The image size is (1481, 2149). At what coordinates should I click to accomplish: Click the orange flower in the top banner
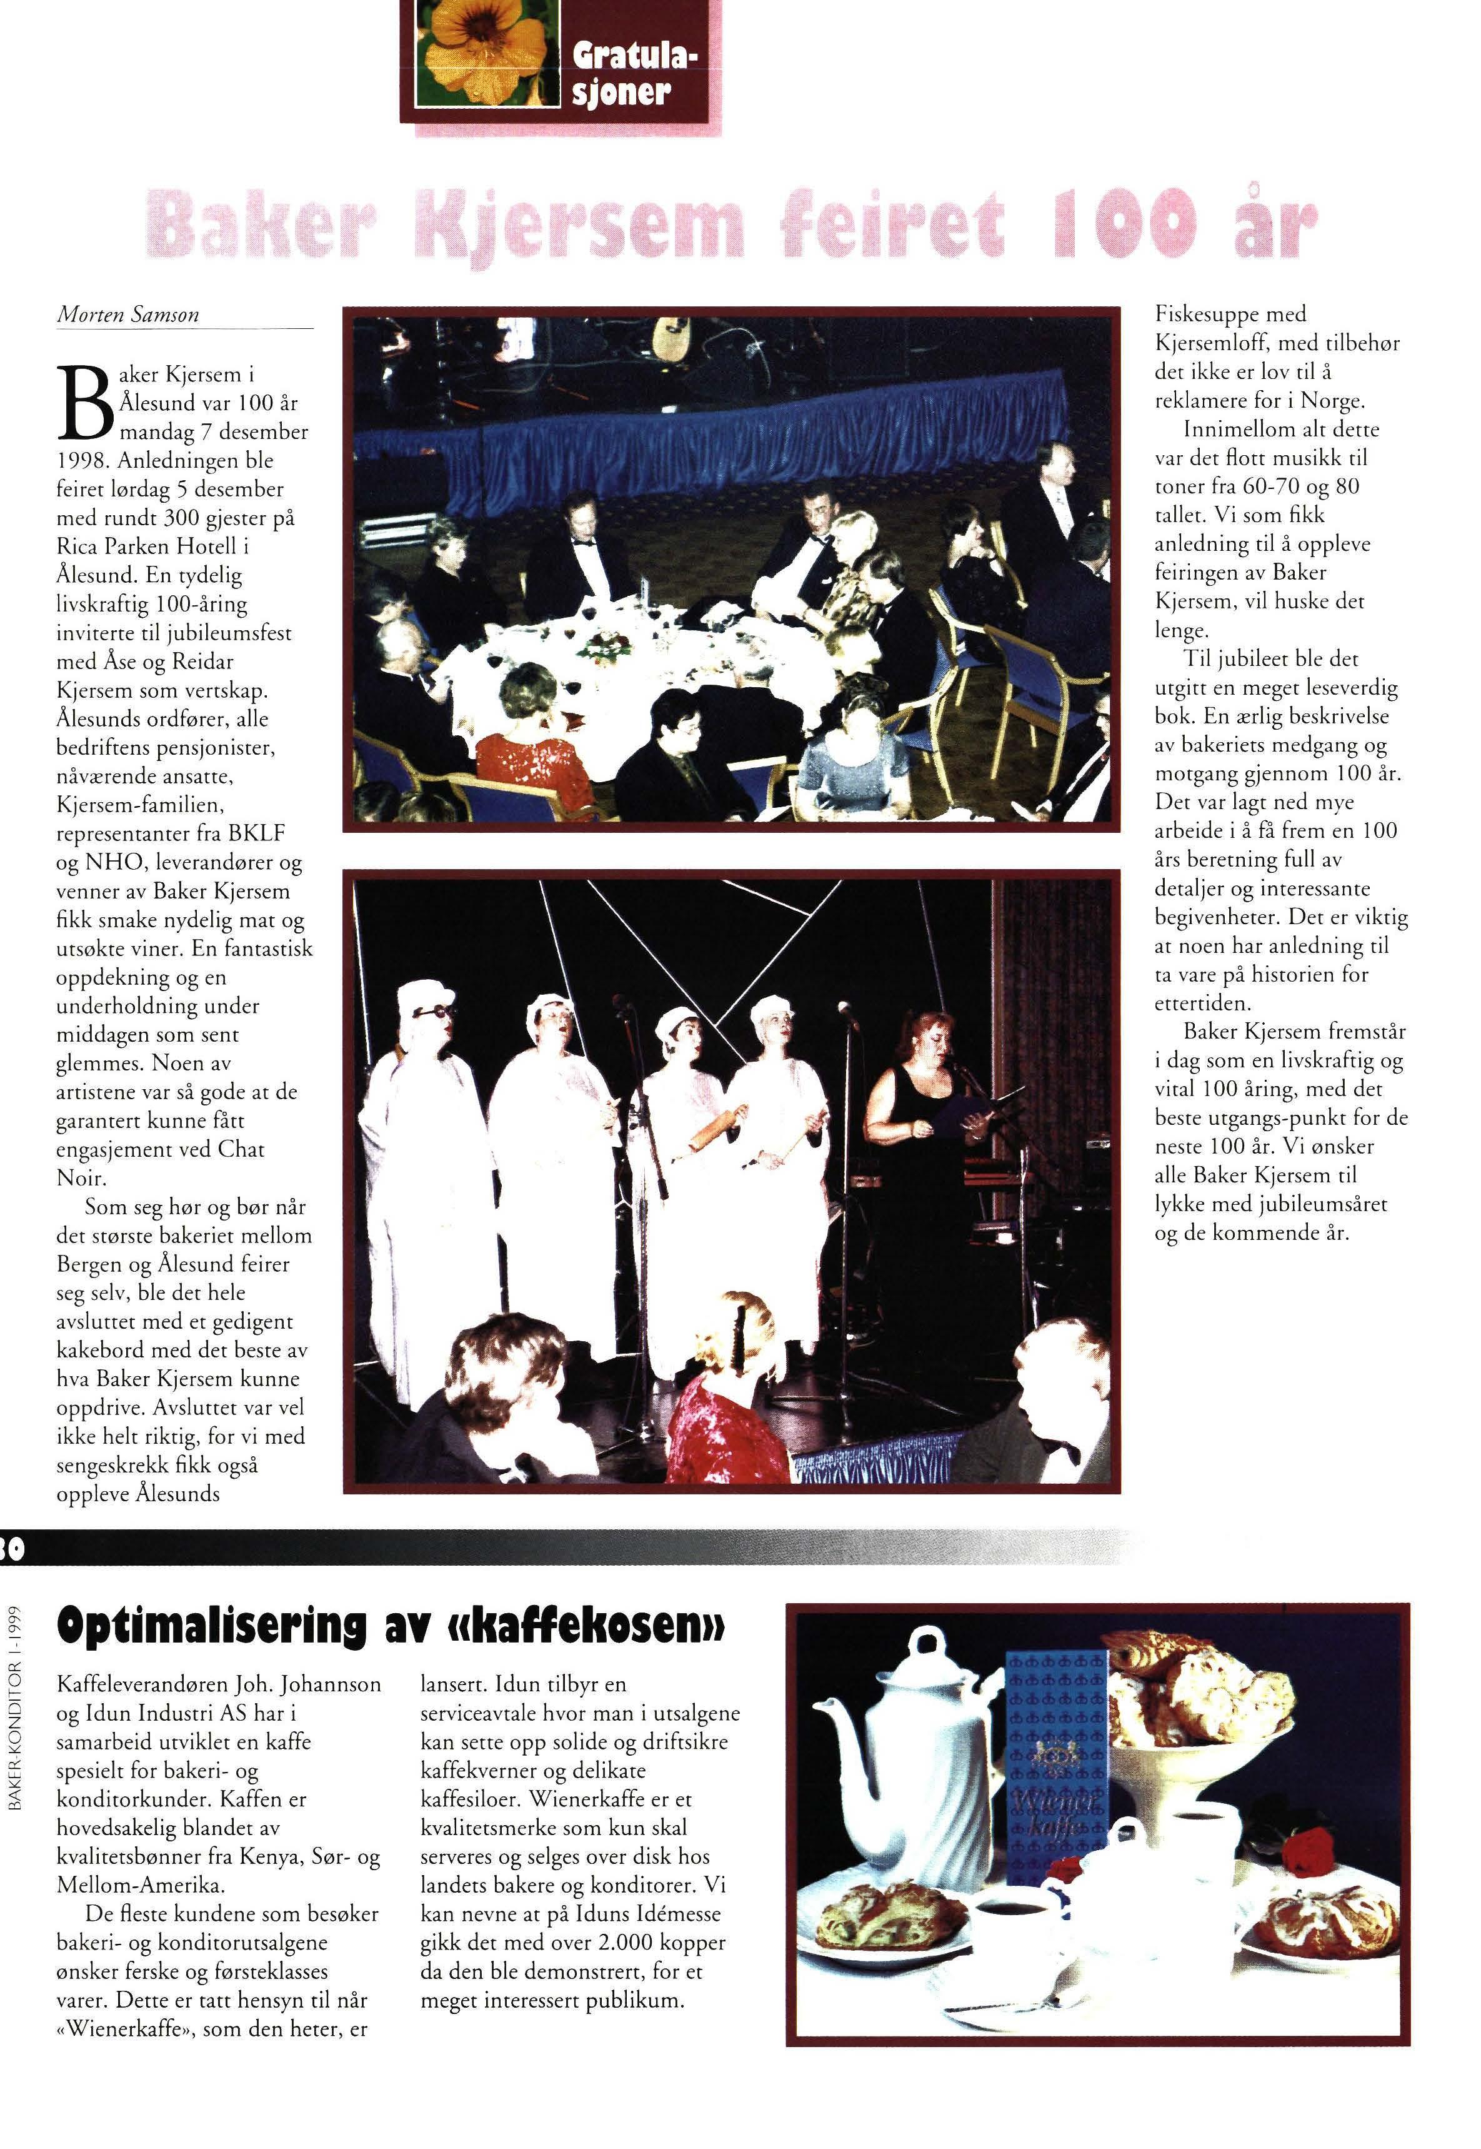[482, 56]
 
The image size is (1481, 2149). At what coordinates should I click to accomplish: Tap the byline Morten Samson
[128, 314]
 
